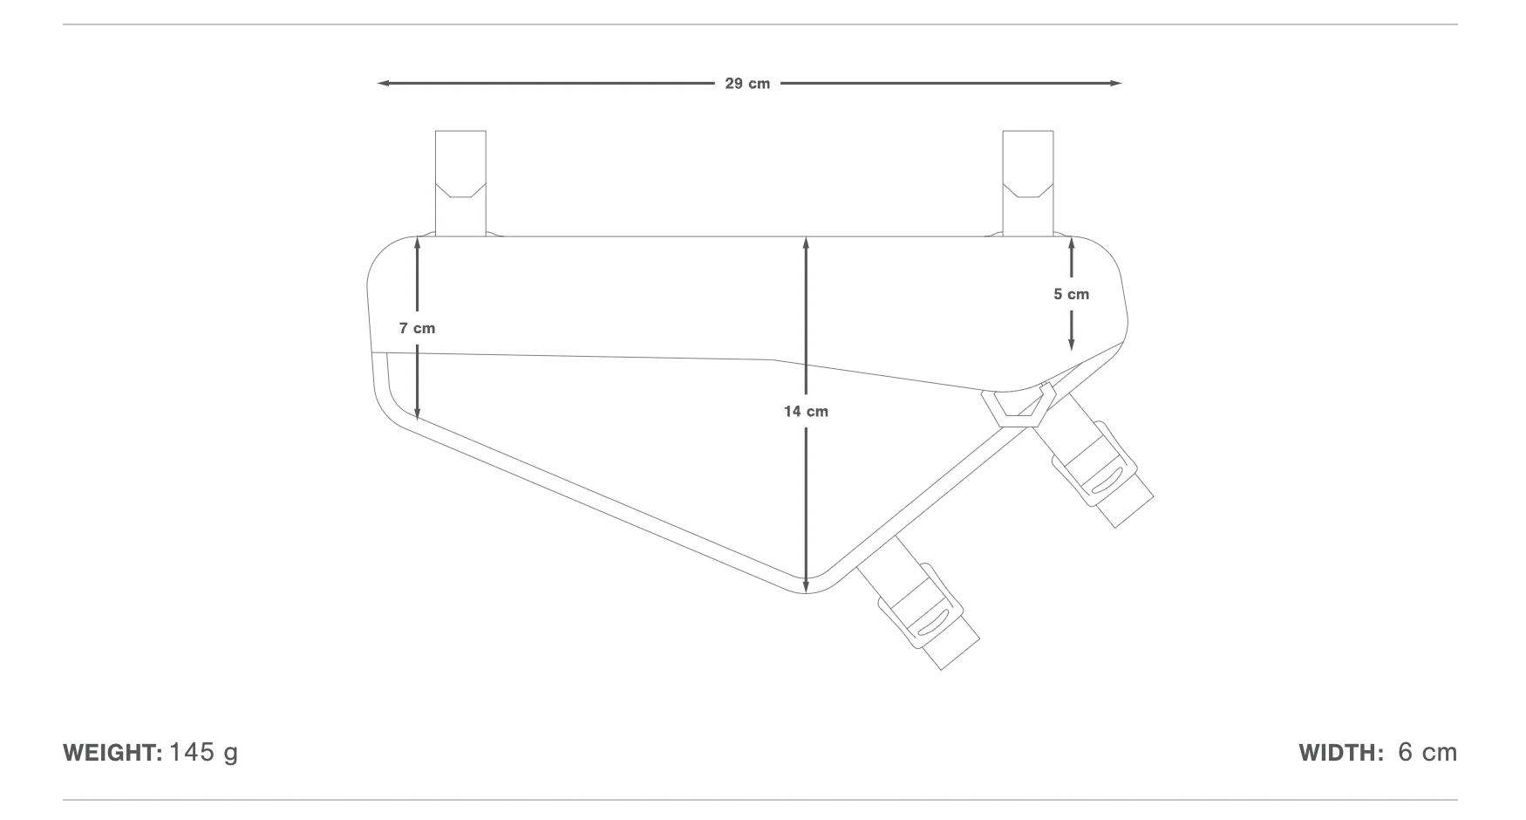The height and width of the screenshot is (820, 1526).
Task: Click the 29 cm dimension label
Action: pos(747,84)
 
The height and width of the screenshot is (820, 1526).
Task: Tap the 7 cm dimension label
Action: pos(417,328)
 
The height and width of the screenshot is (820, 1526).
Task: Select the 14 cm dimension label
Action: pos(806,411)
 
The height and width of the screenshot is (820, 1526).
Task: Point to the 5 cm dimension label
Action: pos(1071,294)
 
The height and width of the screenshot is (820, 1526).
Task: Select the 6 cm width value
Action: pos(1427,753)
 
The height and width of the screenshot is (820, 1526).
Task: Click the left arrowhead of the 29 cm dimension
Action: pos(383,84)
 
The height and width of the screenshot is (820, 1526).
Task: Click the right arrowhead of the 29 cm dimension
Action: pos(1115,84)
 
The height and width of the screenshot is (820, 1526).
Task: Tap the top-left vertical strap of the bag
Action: pos(460,183)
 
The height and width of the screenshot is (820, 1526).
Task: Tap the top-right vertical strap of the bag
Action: pos(1028,183)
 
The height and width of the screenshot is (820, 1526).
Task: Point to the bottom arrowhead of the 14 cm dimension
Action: pos(806,586)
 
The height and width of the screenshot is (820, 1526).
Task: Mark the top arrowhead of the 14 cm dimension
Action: pos(806,243)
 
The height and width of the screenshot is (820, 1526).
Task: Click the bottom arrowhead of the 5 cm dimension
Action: pos(1071,345)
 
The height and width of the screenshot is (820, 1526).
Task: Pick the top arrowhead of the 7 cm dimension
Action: pos(418,243)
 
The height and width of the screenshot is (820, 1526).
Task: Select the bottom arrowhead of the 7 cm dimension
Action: pos(418,413)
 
